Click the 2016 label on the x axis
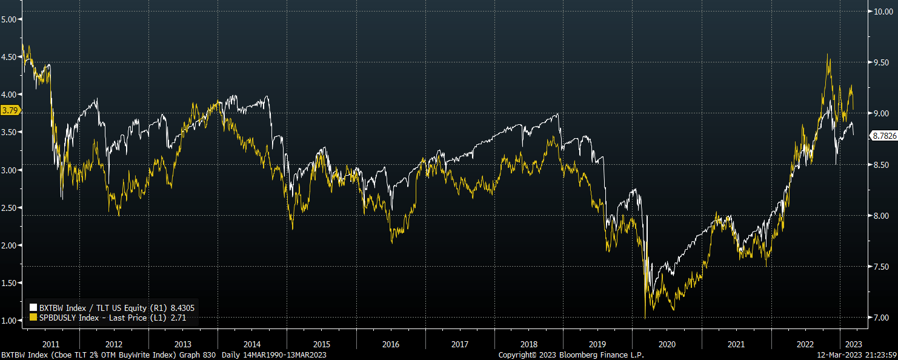coord(391,344)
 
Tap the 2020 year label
coord(667,344)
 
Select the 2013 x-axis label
coord(183,344)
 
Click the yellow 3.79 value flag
coord(10,110)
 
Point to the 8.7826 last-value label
coord(883,136)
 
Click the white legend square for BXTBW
coord(33,308)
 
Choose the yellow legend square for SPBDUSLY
coord(33,318)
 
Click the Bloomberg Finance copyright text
coord(571,355)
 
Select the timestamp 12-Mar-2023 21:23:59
coord(857,355)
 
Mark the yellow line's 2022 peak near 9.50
coord(828,55)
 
